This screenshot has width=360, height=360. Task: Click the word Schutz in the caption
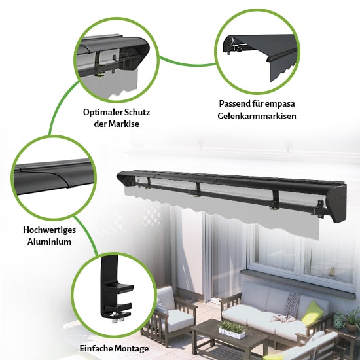pyautogui.click(x=137, y=113)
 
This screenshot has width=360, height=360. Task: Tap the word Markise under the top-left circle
pyautogui.click(x=124, y=124)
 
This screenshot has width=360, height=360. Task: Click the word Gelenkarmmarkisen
pyautogui.click(x=257, y=116)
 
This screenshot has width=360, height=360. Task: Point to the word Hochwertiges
pyautogui.click(x=49, y=230)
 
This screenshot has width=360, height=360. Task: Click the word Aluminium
pyautogui.click(x=49, y=242)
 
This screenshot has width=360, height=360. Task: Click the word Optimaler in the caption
pyautogui.click(x=103, y=113)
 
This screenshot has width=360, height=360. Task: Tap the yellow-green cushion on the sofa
pyautogui.click(x=310, y=313)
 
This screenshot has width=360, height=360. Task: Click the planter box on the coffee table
pyautogui.click(x=232, y=331)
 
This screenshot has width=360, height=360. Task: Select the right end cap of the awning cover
pyautogui.click(x=338, y=204)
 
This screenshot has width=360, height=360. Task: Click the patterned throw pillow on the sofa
pyautogui.click(x=292, y=304)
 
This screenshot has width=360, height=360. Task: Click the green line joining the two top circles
pyautogui.click(x=188, y=63)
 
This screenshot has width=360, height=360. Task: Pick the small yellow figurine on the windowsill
pyautogui.click(x=331, y=270)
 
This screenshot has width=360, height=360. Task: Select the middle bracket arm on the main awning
pyautogui.click(x=197, y=189)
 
